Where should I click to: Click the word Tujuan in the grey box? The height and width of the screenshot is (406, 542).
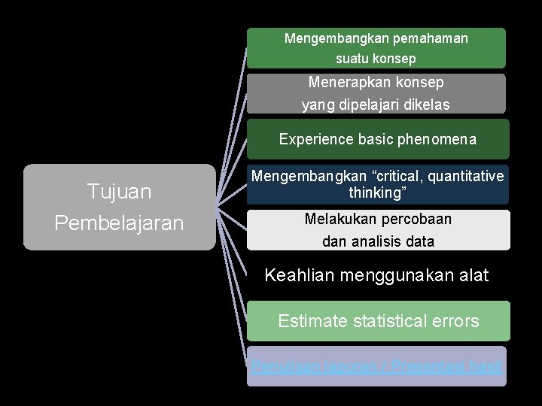tap(119, 192)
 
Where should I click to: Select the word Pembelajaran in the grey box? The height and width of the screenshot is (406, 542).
tap(119, 223)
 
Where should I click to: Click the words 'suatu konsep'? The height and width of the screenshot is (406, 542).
tap(376, 57)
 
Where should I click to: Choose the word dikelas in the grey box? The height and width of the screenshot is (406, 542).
tap(425, 105)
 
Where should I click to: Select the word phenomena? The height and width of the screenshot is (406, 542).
tap(440, 139)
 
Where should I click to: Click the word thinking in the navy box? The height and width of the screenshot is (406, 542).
tap(376, 192)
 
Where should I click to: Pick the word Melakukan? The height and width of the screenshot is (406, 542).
tap(340, 219)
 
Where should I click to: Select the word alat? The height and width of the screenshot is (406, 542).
tap(470, 276)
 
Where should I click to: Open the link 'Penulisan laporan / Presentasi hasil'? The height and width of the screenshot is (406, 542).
tap(376, 367)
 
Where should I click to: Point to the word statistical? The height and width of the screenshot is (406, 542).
tap(384, 321)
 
